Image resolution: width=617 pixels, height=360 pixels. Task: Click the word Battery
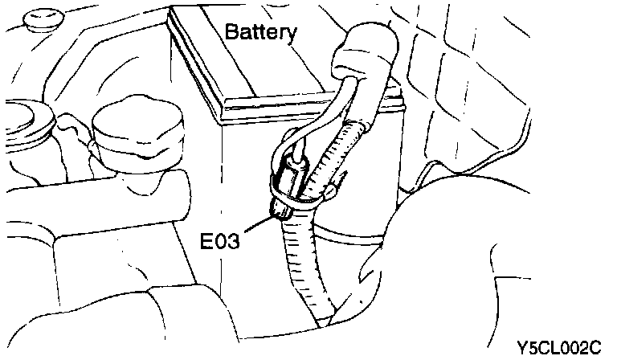261,33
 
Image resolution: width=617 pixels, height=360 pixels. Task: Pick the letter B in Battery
232,33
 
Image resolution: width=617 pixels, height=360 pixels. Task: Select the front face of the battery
265,161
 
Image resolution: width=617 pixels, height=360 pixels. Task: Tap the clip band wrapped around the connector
309,193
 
